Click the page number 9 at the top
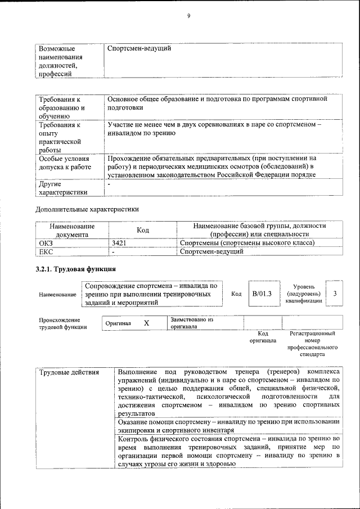point(189,16)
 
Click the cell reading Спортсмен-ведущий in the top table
point(139,48)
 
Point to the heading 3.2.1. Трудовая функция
point(76,268)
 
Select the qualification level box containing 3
point(335,294)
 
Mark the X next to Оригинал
point(146,323)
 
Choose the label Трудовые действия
point(69,372)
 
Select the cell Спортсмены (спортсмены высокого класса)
point(246,243)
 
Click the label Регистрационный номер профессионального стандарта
point(312,344)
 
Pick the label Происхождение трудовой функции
point(63,323)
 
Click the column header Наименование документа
point(71,230)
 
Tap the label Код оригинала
point(263,337)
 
